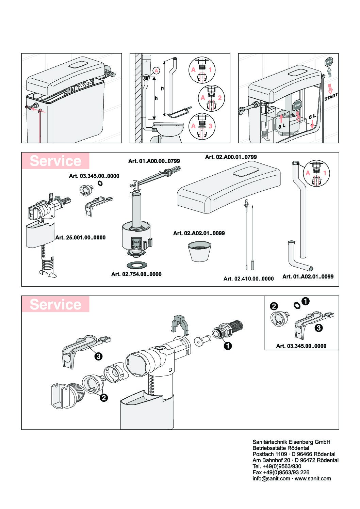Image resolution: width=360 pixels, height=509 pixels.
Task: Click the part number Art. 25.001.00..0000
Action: coord(80,238)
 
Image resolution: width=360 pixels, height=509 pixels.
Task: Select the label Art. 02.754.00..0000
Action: coord(136,274)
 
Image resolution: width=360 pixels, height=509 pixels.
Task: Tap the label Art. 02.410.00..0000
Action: coord(248,279)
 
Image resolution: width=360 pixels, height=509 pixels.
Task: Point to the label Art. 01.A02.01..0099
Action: coord(308,276)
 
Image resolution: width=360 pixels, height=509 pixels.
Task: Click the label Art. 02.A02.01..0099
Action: coord(199,233)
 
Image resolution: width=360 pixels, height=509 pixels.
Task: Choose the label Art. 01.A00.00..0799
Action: coord(154,161)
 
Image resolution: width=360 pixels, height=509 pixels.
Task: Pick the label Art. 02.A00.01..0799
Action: coord(231,157)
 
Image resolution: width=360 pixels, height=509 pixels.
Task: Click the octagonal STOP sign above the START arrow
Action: coord(329,62)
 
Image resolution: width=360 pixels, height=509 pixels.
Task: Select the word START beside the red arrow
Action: coord(331,97)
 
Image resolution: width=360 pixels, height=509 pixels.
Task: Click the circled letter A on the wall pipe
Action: coord(156,70)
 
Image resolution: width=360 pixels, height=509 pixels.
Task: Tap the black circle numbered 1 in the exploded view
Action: coord(227,346)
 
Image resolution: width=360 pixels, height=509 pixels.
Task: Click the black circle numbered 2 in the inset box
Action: coord(274,306)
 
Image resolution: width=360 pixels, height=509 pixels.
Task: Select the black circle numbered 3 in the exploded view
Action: coord(98,356)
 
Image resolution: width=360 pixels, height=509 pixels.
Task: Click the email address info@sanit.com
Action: coord(271,478)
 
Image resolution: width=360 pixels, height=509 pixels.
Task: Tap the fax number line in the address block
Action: coord(281,472)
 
